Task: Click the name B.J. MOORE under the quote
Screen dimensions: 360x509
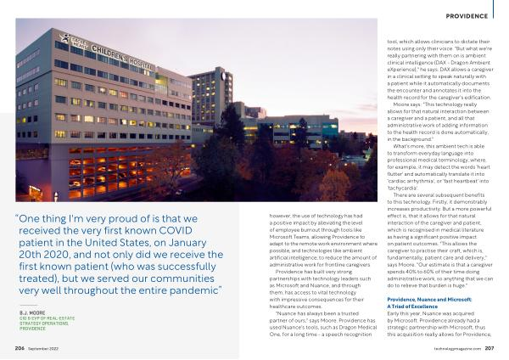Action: pyautogui.click(x=31, y=313)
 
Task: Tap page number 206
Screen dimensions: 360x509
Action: pyautogui.click(x=19, y=348)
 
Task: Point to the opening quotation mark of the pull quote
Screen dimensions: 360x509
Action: pyautogui.click(x=18, y=218)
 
